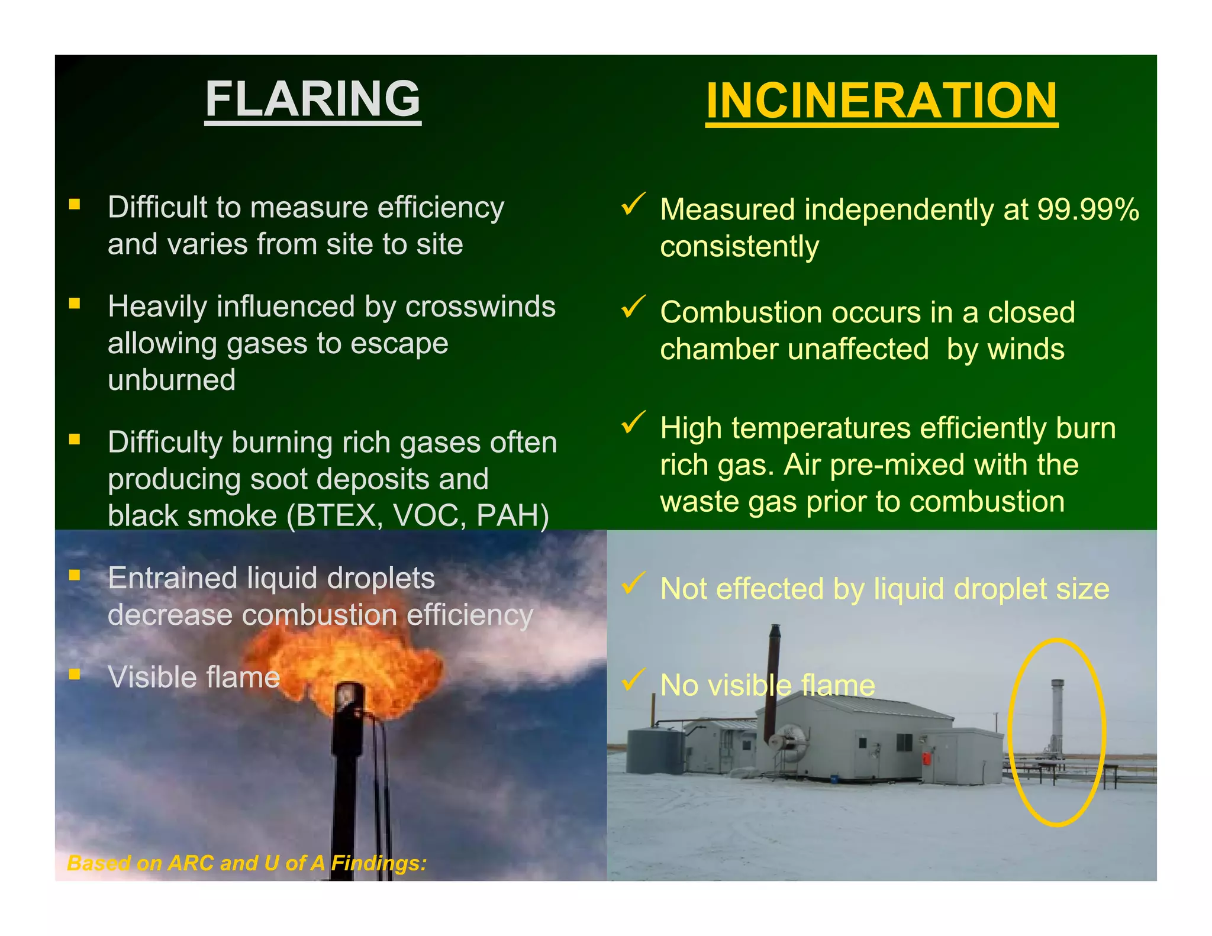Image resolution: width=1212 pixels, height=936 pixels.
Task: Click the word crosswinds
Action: pyautogui.click(x=480, y=307)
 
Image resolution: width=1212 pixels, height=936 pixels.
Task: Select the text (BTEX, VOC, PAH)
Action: pyautogui.click(x=418, y=516)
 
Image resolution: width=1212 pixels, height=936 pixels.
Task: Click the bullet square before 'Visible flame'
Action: pyautogui.click(x=75, y=674)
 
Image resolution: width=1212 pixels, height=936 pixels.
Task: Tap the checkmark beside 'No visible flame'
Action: pyautogui.click(x=633, y=680)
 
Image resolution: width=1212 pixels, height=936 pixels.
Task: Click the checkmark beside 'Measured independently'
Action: pyautogui.click(x=633, y=204)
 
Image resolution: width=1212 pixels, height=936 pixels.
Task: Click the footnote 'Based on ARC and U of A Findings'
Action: pyautogui.click(x=247, y=863)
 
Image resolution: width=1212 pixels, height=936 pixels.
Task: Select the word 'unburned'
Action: pyautogui.click(x=172, y=380)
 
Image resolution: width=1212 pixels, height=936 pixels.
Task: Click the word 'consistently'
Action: pyautogui.click(x=739, y=247)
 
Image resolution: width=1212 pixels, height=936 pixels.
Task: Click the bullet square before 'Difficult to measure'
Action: pyautogui.click(x=75, y=205)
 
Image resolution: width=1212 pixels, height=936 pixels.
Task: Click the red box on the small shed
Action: pyautogui.click(x=926, y=759)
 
